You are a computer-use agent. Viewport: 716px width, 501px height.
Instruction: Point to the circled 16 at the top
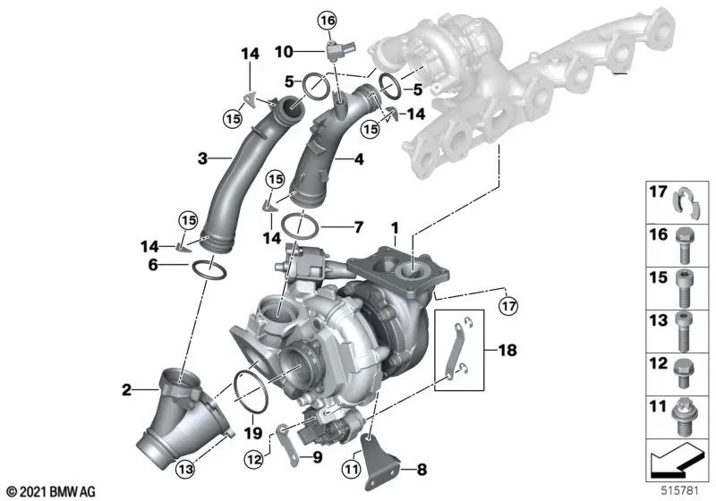pos(327,20)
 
